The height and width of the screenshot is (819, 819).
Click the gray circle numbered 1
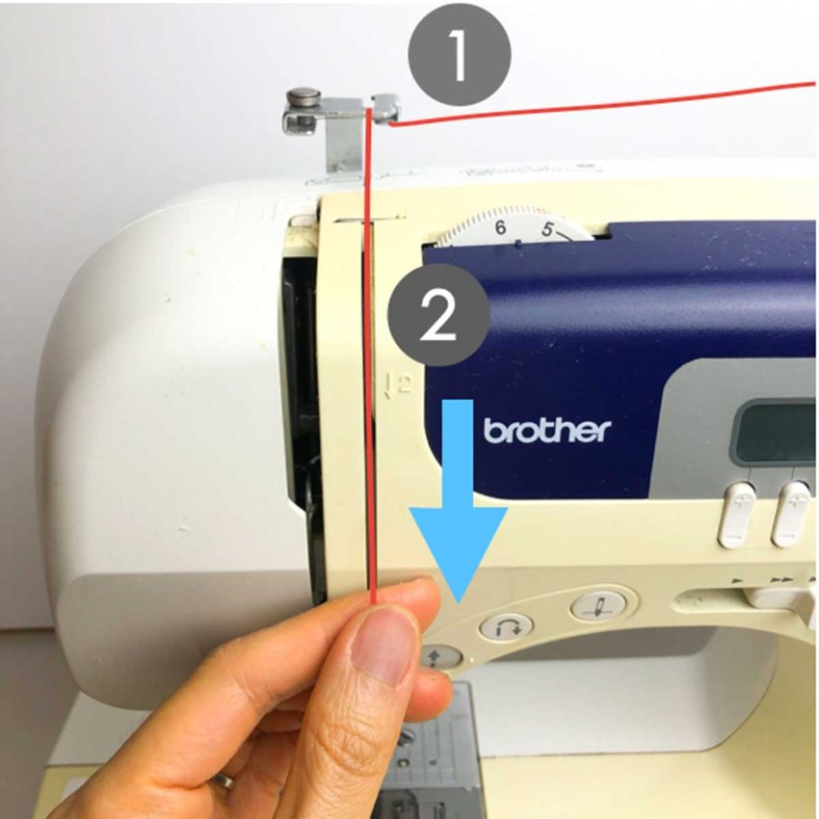coord(458,55)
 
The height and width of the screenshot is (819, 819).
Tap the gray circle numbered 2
coord(438,317)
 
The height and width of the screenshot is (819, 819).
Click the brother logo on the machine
coord(546,430)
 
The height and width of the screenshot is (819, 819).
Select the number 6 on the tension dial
coord(499,228)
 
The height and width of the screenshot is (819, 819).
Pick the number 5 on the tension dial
coord(547,230)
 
